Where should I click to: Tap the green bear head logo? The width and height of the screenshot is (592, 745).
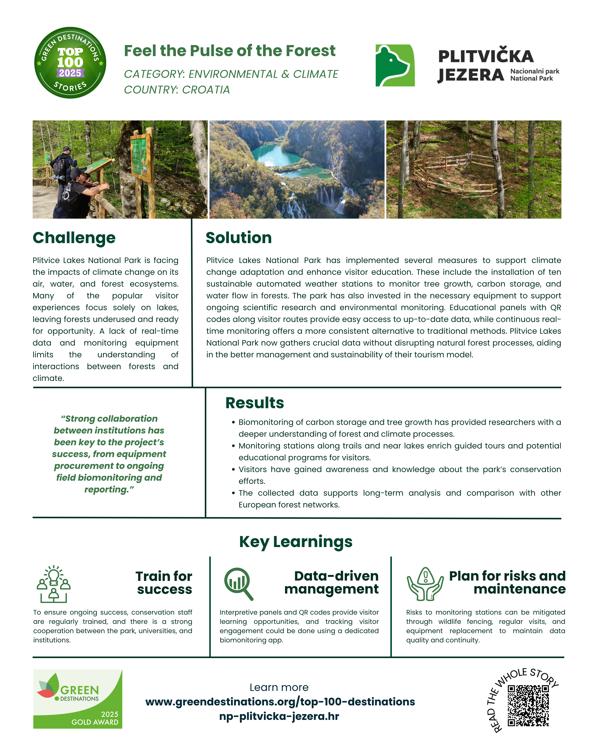point(395,65)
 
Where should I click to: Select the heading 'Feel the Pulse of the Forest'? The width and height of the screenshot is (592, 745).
point(229,51)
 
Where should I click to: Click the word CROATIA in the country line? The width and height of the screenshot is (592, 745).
point(206,90)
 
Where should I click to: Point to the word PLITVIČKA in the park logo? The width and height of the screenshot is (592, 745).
point(486,56)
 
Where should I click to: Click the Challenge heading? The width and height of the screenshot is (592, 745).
point(74,238)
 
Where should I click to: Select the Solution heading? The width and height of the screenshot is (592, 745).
point(239,238)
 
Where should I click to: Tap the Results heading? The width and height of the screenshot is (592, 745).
point(254,403)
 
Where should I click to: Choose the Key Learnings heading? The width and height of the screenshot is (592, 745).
point(296,541)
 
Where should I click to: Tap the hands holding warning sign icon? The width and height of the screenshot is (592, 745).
point(425,584)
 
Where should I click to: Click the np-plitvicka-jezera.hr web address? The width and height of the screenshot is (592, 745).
point(279,716)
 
